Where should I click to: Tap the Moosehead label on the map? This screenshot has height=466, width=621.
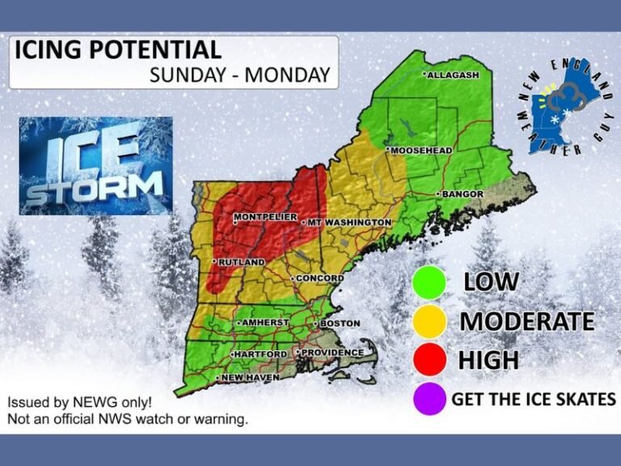pos(421,150)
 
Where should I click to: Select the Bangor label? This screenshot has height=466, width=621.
pos(463,194)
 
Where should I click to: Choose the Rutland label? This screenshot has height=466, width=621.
pos(240,262)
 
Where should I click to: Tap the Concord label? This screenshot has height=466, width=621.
pos(318,279)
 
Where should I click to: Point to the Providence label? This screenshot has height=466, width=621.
pos(331,353)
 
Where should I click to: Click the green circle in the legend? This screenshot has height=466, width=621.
pos(429,282)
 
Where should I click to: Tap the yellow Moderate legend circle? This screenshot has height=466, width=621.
pos(429,320)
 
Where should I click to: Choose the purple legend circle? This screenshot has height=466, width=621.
pos(429,398)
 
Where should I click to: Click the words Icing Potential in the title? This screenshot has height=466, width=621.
pos(118,50)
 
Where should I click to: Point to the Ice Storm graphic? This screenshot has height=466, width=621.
pos(95,166)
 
